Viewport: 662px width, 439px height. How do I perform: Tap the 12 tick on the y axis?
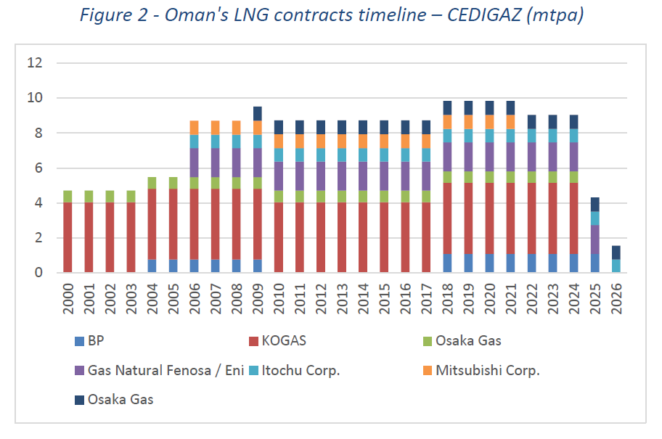pos(36,63)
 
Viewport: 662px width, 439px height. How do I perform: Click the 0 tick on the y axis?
pos(39,273)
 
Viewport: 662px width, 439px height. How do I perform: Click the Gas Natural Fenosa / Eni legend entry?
pos(155,369)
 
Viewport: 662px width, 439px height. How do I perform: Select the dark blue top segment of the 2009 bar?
pos(258,113)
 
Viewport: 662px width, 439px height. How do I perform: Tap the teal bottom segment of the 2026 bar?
pos(616,266)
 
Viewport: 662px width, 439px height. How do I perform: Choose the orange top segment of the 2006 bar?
pos(195,128)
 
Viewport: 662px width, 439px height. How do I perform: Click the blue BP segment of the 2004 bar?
pos(153,266)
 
